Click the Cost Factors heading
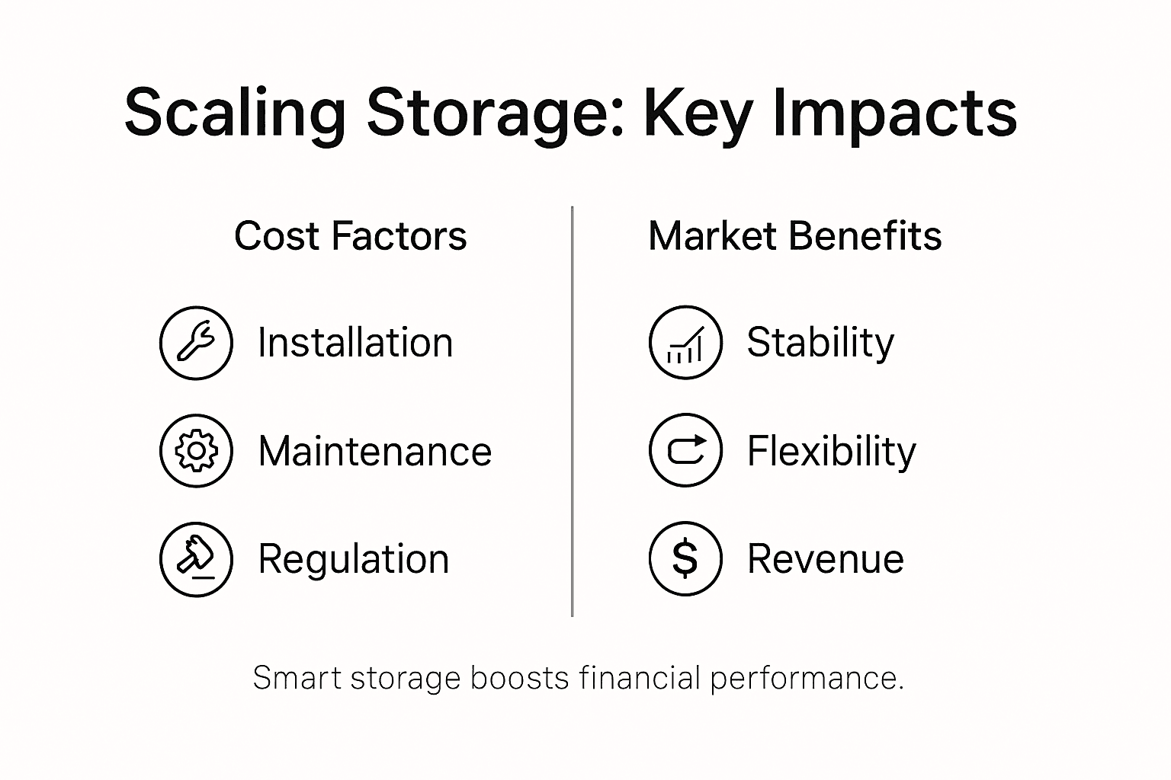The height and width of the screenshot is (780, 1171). (x=350, y=236)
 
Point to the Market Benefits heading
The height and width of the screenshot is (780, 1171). (x=794, y=236)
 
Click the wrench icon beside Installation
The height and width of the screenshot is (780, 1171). (x=196, y=343)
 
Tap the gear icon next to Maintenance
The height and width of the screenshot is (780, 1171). (x=196, y=451)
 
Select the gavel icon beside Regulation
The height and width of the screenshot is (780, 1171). (x=196, y=559)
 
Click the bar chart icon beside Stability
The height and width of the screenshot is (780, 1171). (x=685, y=343)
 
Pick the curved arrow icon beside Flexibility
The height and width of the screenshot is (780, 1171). (x=685, y=450)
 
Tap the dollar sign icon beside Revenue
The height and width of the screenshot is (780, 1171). (x=685, y=558)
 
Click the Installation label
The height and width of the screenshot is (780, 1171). (x=355, y=343)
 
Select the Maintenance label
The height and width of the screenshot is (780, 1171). (x=374, y=451)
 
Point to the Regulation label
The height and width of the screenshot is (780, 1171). (x=353, y=559)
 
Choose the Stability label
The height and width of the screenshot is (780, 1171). (x=820, y=343)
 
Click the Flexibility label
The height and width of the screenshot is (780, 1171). (x=831, y=451)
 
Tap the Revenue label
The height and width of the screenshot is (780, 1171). (x=825, y=559)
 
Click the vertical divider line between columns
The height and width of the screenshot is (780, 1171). (x=572, y=411)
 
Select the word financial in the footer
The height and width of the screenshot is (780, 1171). (x=639, y=678)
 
